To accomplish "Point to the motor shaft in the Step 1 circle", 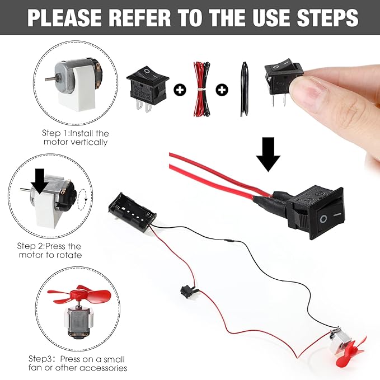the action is coord(50,78).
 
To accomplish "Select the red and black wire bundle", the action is coord(201,89).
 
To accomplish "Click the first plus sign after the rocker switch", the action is coord(180,90).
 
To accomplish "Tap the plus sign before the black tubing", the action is coord(222,90).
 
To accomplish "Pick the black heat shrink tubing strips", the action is coord(244,89).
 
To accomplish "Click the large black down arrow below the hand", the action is coord(268,154).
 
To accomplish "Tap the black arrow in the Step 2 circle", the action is coord(40,183).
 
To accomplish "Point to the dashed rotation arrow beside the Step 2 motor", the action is coord(82,200).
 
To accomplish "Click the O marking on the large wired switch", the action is coord(323,219).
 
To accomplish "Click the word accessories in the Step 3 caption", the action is coord(104,368).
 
